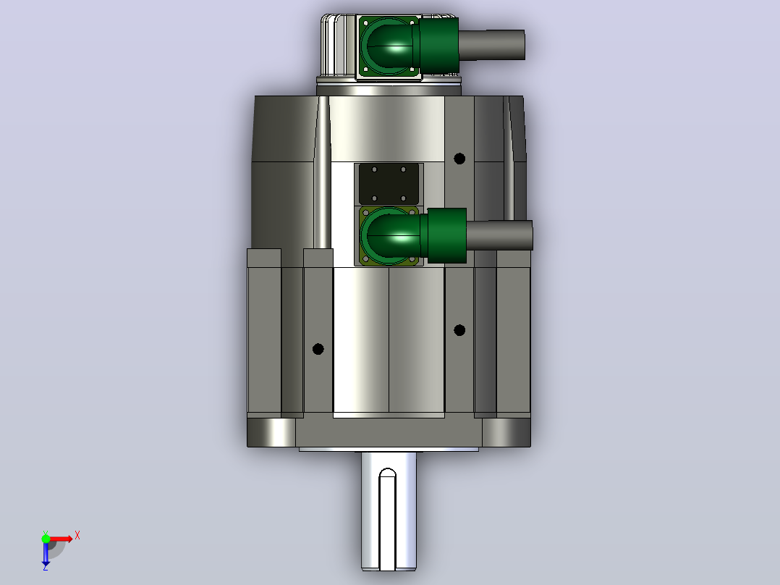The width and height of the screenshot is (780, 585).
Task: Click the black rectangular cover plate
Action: coord(389,184)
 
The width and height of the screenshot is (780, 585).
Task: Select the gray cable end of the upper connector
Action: coord(491,45)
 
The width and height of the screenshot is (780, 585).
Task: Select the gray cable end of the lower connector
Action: coord(499,235)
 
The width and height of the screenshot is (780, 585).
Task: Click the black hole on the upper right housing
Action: coord(459,159)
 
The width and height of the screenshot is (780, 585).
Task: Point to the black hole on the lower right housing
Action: coord(459,330)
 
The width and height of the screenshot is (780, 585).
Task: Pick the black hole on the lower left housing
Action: coord(318,349)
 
